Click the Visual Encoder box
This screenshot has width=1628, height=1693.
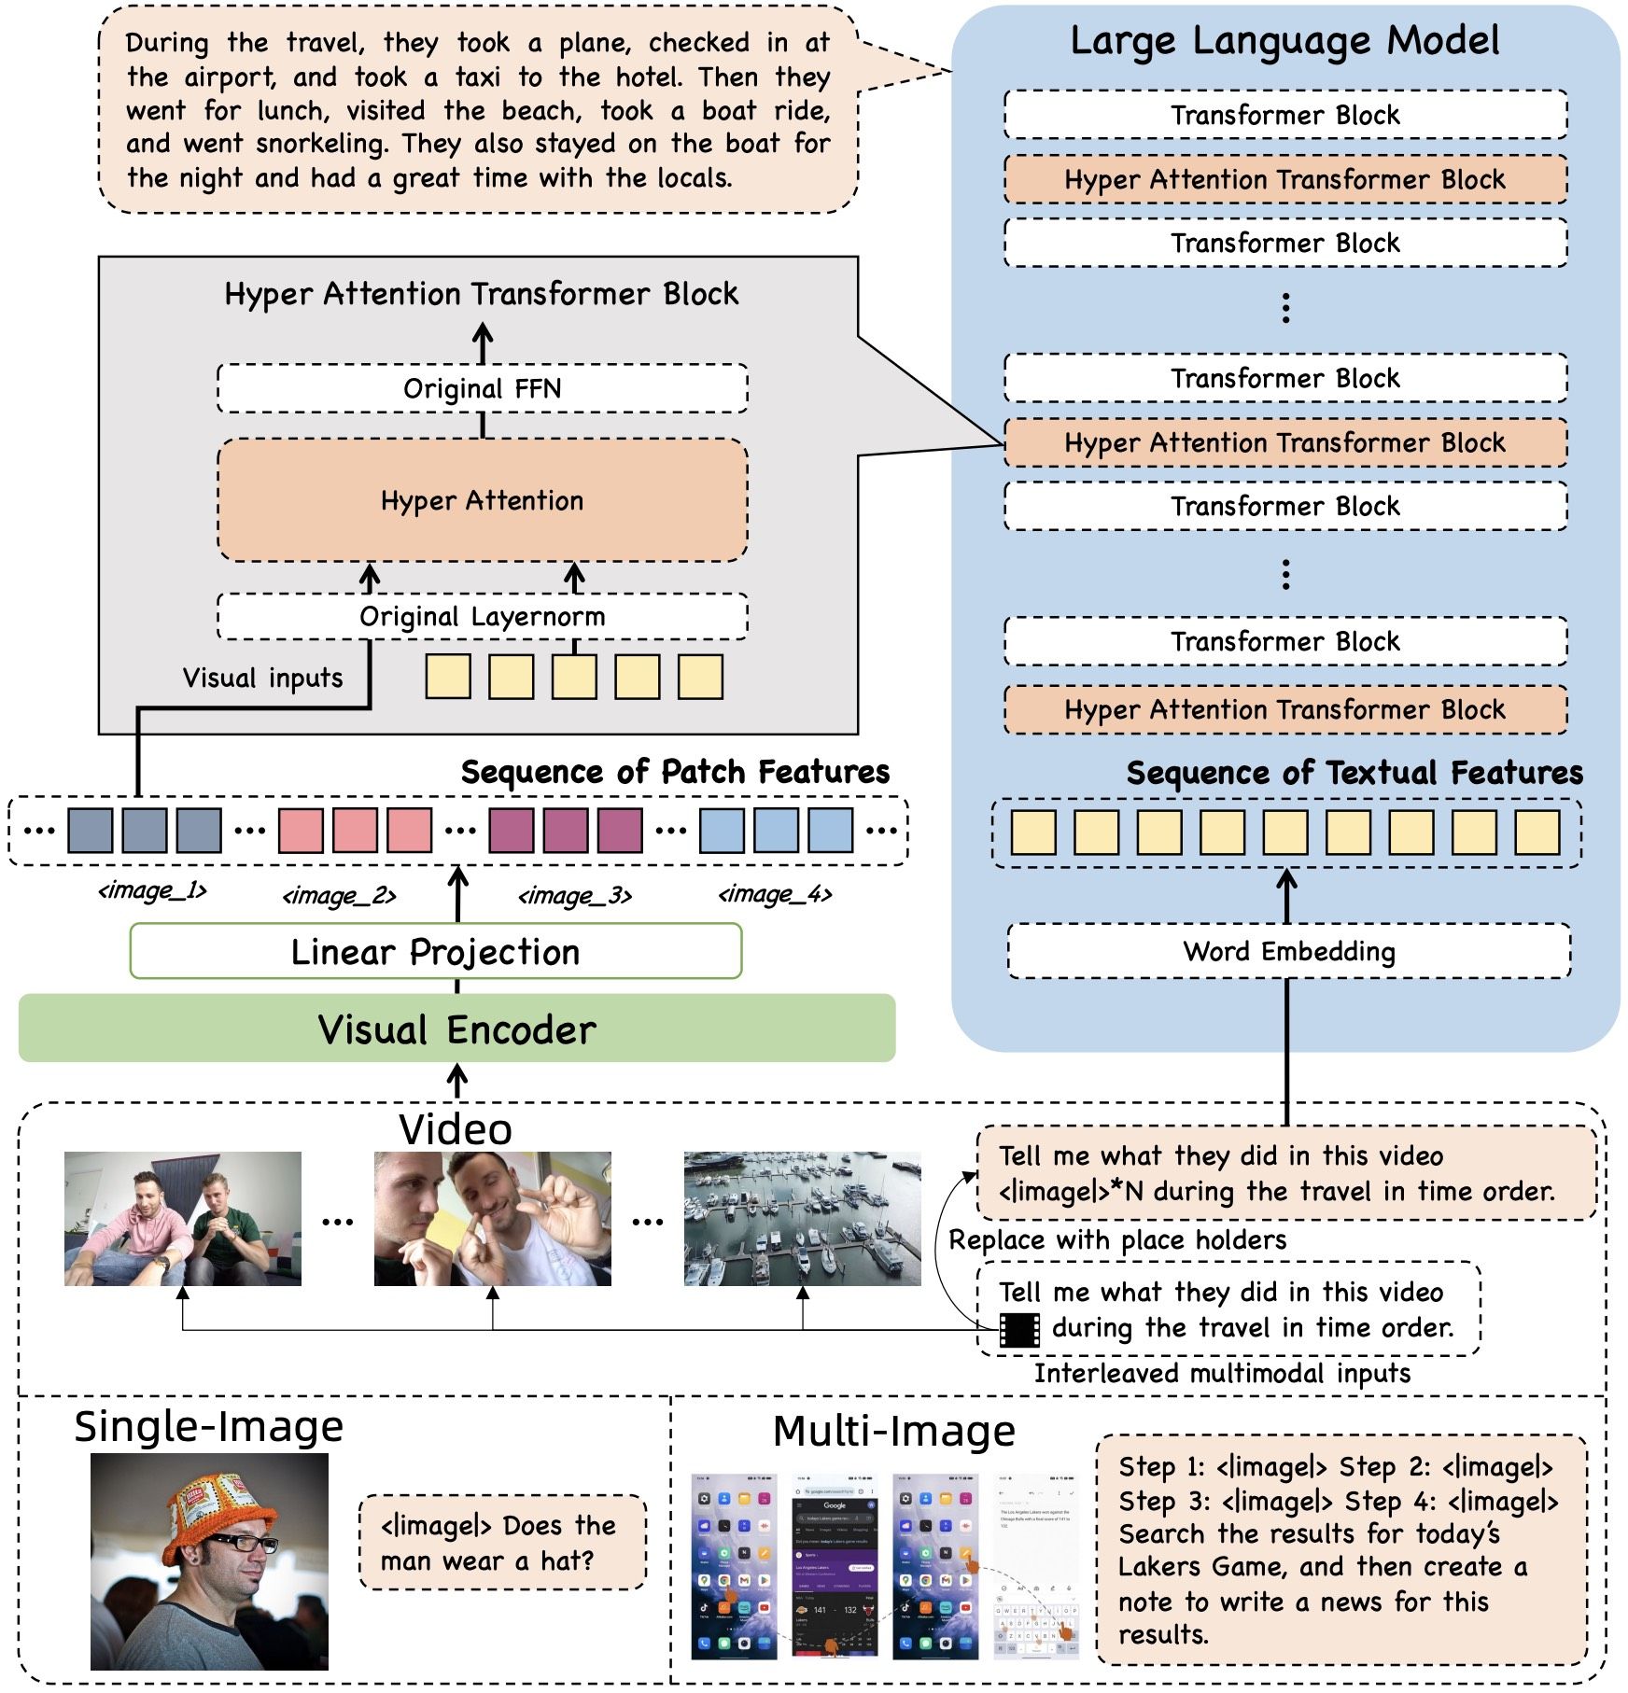point(456,1028)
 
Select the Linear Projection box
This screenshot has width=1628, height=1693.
point(435,951)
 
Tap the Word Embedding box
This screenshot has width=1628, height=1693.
point(1288,951)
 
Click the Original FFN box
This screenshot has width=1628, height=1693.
point(482,388)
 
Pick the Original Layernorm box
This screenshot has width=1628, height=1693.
point(482,616)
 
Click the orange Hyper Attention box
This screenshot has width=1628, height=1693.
point(482,500)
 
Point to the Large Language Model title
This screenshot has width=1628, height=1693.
point(1284,40)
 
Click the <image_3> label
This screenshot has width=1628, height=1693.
point(575,896)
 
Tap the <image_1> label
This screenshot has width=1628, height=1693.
point(152,891)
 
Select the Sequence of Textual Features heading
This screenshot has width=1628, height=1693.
point(1354,773)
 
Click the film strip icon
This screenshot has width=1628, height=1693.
point(1019,1329)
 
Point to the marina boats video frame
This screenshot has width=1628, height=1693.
point(802,1218)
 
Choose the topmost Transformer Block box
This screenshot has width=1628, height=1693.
point(1284,115)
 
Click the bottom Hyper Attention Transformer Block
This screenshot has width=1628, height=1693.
point(1284,709)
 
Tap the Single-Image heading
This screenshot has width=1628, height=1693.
point(208,1427)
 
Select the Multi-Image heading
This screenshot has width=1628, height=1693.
point(893,1431)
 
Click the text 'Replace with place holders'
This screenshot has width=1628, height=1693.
point(1117,1240)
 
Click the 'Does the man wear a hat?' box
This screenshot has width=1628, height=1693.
point(502,1542)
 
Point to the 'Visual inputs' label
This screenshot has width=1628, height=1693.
point(262,678)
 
